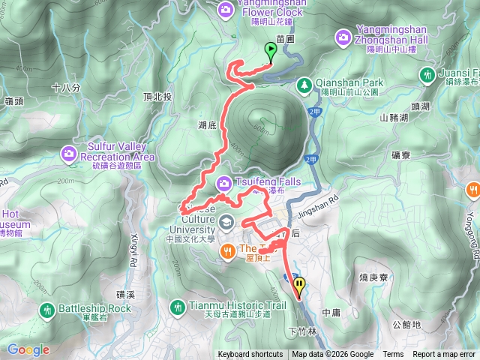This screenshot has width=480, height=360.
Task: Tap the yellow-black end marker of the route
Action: tap(300, 285)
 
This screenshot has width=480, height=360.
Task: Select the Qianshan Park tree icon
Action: tap(304, 85)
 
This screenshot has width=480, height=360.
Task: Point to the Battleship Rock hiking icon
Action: tap(47, 309)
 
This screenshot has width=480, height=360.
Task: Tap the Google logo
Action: tap(28, 349)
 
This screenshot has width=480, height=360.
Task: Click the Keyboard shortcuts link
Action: tap(250, 355)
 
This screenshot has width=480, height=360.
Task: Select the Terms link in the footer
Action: tap(393, 355)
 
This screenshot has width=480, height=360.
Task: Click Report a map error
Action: tap(444, 355)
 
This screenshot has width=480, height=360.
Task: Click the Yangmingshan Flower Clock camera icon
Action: tap(225, 10)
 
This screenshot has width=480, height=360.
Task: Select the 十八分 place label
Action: tap(66, 88)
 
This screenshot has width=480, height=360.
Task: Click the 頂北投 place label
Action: tap(157, 97)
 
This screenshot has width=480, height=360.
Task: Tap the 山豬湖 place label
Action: tap(394, 117)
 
